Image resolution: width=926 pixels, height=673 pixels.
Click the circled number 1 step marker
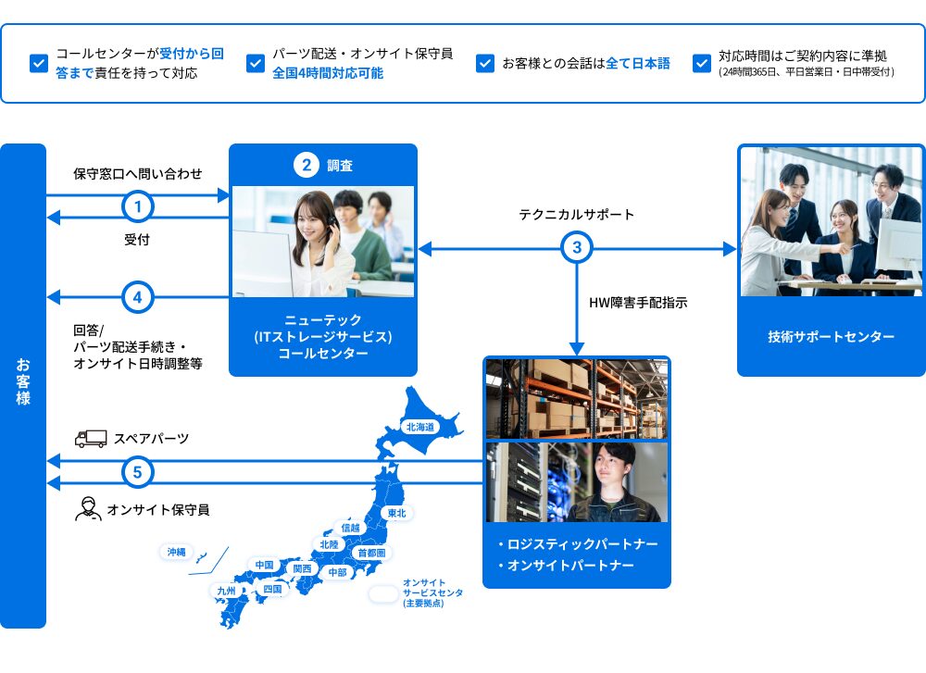[138, 206]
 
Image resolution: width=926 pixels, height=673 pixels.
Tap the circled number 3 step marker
[577, 248]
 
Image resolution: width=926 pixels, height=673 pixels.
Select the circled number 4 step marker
[138, 298]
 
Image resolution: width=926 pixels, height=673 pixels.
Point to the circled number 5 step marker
[138, 472]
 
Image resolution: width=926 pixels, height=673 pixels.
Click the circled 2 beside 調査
[307, 166]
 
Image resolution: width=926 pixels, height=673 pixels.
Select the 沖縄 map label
[176, 552]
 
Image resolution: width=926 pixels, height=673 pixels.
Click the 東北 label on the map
[397, 512]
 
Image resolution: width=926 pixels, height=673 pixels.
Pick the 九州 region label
[226, 590]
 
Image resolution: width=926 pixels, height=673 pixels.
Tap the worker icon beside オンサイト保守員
[88, 509]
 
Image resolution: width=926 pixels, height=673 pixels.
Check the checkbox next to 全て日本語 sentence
[484, 64]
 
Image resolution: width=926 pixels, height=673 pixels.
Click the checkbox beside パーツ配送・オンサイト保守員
[256, 64]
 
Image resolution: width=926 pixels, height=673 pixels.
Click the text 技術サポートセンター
[831, 336]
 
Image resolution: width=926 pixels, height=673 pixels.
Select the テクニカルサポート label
[577, 214]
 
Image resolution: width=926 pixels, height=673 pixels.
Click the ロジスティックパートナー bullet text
[583, 542]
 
